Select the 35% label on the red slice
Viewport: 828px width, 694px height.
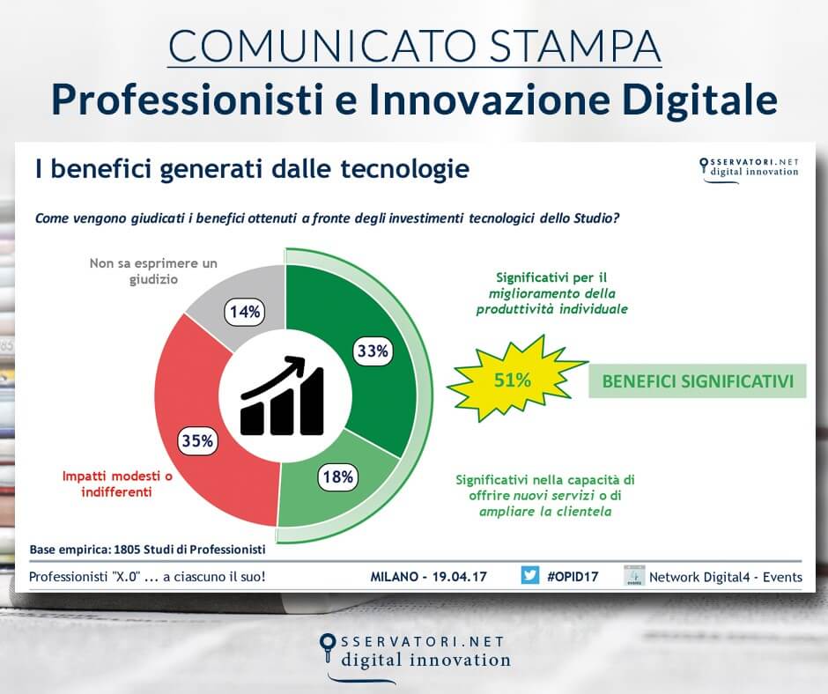198,439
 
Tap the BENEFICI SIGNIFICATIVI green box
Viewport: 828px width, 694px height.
697,381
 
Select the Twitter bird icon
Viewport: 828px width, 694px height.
529,576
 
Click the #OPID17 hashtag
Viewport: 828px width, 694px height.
573,577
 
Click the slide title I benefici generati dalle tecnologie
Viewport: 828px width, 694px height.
251,168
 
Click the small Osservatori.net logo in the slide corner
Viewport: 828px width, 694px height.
749,166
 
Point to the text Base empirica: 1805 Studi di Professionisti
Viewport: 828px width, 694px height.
147,549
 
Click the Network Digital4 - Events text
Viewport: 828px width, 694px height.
726,577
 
